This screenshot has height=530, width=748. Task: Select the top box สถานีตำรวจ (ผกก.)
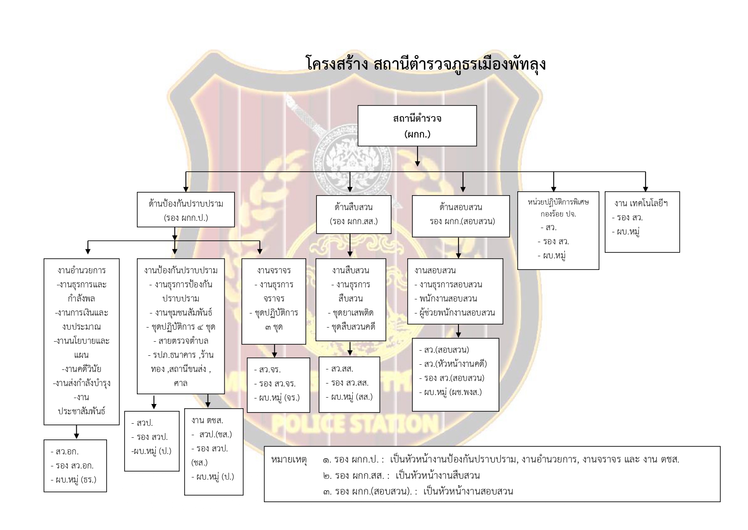[417, 126]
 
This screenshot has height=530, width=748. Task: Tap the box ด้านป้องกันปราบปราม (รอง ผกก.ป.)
[186, 210]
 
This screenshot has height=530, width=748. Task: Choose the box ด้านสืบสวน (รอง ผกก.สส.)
[354, 214]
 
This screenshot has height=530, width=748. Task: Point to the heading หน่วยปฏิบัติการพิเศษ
[558, 202]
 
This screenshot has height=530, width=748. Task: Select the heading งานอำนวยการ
[81, 270]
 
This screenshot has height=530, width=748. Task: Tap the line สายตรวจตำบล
[181, 341]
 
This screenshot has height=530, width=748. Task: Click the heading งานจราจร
[274, 270]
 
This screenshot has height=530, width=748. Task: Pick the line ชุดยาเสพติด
[351, 313]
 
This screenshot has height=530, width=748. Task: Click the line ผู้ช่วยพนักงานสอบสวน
[455, 313]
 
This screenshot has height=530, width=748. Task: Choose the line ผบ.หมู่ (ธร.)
[73, 480]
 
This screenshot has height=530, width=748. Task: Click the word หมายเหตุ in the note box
[289, 460]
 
